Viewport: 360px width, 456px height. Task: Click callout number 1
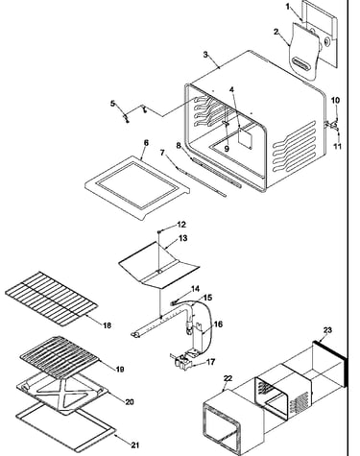tap(288, 7)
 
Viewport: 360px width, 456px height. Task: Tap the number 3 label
tap(205, 55)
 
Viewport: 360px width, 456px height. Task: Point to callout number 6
tap(146, 143)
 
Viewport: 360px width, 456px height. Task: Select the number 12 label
tap(181, 225)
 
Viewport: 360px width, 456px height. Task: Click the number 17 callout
tap(211, 362)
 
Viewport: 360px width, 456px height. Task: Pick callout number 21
tap(135, 445)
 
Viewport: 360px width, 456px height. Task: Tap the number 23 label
tap(327, 330)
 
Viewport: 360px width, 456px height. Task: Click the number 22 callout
tap(228, 378)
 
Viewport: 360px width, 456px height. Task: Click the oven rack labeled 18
tap(51, 299)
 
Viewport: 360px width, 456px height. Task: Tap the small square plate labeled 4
tap(245, 138)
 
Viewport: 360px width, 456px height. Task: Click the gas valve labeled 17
tap(180, 361)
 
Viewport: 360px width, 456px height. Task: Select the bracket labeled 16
tap(198, 339)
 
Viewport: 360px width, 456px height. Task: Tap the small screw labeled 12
tap(159, 230)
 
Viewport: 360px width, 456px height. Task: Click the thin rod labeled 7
tap(201, 180)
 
